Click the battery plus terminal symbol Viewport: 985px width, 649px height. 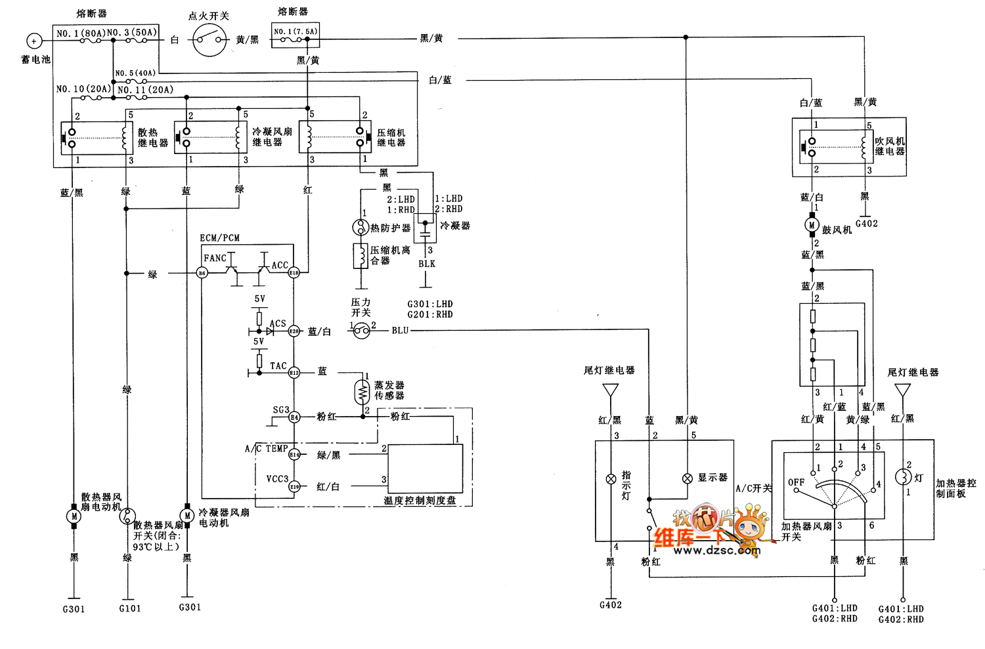click(33, 41)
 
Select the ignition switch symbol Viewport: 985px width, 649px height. click(210, 40)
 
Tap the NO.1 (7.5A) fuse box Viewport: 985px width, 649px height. click(295, 35)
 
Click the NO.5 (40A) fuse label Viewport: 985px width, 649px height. click(135, 73)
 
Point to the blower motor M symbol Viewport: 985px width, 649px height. click(812, 225)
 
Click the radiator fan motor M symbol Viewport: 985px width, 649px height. click(74, 516)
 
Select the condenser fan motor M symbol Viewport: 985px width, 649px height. click(187, 516)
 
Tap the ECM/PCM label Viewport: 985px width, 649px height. click(220, 238)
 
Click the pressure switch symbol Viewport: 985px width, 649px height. click(361, 331)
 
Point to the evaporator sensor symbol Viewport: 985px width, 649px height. click(362, 392)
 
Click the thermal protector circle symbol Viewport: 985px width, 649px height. click(360, 227)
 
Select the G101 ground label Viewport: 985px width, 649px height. click(130, 608)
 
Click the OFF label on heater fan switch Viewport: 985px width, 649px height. click(796, 482)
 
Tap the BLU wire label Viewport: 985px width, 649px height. click(400, 330)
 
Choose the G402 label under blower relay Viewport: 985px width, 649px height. click(867, 224)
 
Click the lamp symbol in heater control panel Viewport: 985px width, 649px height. click(903, 477)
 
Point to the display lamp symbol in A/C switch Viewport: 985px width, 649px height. click(688, 478)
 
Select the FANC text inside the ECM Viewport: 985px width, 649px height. click(215, 259)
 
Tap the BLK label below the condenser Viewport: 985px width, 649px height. click(427, 264)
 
